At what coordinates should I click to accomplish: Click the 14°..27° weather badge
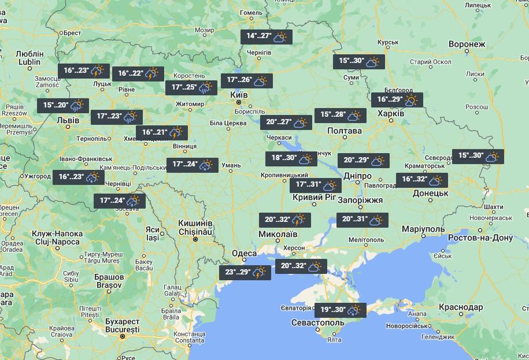pos(267,37)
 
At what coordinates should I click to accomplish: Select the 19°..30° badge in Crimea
pos(339,310)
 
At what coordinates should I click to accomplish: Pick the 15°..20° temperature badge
pos(63,106)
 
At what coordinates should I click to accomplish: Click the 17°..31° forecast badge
pos(315,185)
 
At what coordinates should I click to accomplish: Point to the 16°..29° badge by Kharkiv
pos(397,100)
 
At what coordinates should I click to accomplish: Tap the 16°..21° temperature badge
pos(162,133)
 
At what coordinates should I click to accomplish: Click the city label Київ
pos(239,94)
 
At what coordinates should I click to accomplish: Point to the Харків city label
pos(390,114)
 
